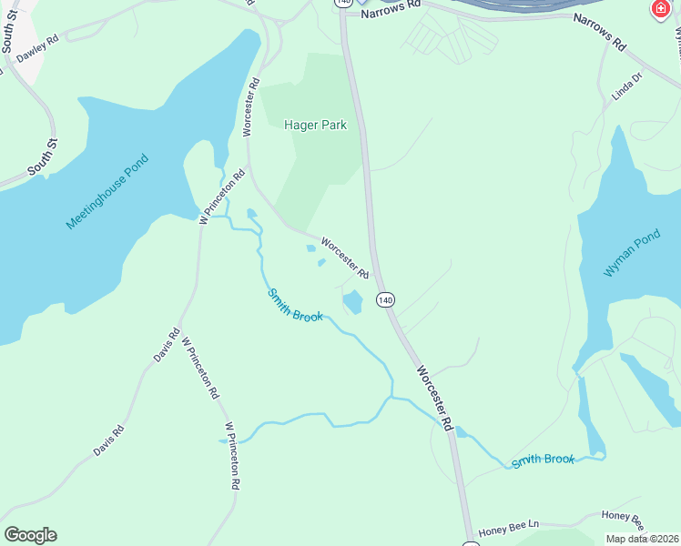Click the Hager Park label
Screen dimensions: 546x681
click(x=315, y=126)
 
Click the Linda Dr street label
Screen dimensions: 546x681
click(x=627, y=89)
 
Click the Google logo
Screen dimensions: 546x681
click(x=30, y=534)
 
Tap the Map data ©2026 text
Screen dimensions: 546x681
click(x=640, y=539)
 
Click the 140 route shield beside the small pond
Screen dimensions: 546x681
click(x=385, y=299)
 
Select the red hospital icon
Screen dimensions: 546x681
click(x=659, y=9)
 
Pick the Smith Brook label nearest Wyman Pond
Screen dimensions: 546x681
click(x=543, y=460)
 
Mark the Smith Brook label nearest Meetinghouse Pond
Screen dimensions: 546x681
click(x=294, y=305)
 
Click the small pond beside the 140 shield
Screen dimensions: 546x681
click(x=352, y=302)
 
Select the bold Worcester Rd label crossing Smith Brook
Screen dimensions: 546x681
click(x=433, y=398)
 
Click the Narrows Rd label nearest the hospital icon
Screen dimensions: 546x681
click(x=599, y=32)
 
